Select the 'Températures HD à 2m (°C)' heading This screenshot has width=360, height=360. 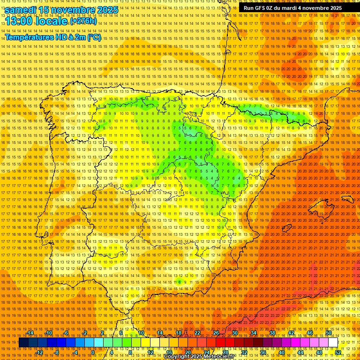[52, 37]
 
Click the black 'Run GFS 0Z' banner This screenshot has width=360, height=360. [299, 8]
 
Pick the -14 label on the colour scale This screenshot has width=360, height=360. [31, 333]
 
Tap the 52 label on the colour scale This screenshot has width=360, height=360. [338, 352]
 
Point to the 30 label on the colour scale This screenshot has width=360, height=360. [235, 333]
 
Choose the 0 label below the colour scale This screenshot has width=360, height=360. [93, 352]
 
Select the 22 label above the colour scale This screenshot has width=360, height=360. [197, 333]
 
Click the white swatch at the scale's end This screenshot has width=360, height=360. [333, 343]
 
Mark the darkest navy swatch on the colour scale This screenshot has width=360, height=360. [23, 343]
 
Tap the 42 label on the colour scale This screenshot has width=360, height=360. [291, 333]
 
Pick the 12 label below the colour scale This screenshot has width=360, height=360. [150, 352]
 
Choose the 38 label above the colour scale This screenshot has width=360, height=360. [272, 333]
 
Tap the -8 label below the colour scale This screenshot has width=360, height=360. [57, 352]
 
